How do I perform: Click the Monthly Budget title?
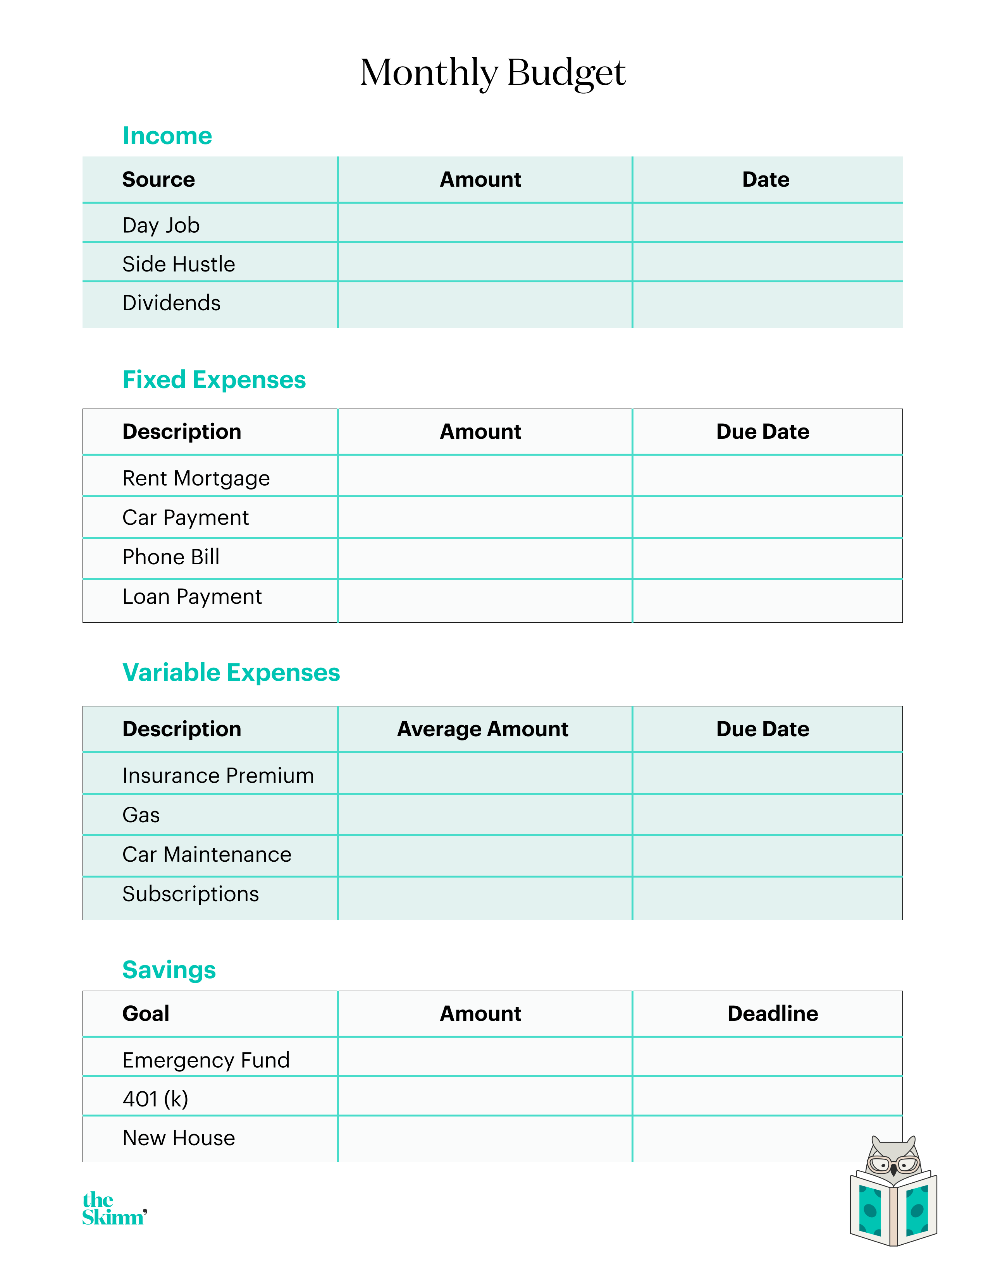pos(493,73)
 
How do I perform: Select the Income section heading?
pos(167,136)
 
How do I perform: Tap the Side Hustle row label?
pos(179,264)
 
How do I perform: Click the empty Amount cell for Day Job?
pos(485,223)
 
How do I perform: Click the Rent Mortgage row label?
pos(196,478)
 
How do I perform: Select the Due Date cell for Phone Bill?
pos(767,558)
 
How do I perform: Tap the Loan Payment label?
pos(192,596)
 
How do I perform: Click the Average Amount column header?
pos(483,729)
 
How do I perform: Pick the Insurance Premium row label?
pos(218,775)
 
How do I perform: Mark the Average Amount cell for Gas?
pos(485,814)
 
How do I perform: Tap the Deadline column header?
pos(773,1013)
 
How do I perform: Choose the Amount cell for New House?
pos(485,1139)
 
